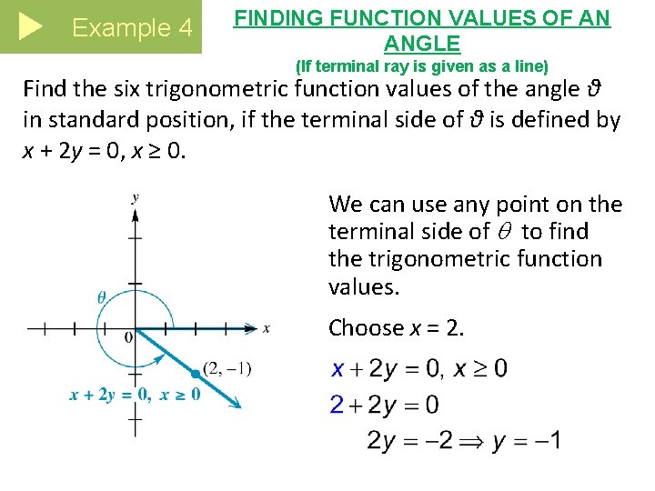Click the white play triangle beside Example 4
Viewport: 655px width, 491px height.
click(30, 27)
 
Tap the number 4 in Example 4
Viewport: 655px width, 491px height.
click(185, 28)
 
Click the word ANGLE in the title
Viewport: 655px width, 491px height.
click(422, 43)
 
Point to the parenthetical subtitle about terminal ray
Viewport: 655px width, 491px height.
click(423, 65)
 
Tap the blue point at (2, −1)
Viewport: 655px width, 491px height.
click(195, 373)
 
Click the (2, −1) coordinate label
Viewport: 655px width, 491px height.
click(227, 368)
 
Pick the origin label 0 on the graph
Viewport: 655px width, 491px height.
click(128, 338)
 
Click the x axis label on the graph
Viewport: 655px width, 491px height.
click(266, 328)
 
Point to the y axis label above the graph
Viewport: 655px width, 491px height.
click(135, 196)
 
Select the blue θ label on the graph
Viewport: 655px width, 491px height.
click(102, 296)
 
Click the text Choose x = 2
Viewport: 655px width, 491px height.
click(396, 327)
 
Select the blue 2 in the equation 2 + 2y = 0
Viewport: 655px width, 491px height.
click(337, 405)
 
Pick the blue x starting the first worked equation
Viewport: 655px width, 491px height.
click(338, 369)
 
